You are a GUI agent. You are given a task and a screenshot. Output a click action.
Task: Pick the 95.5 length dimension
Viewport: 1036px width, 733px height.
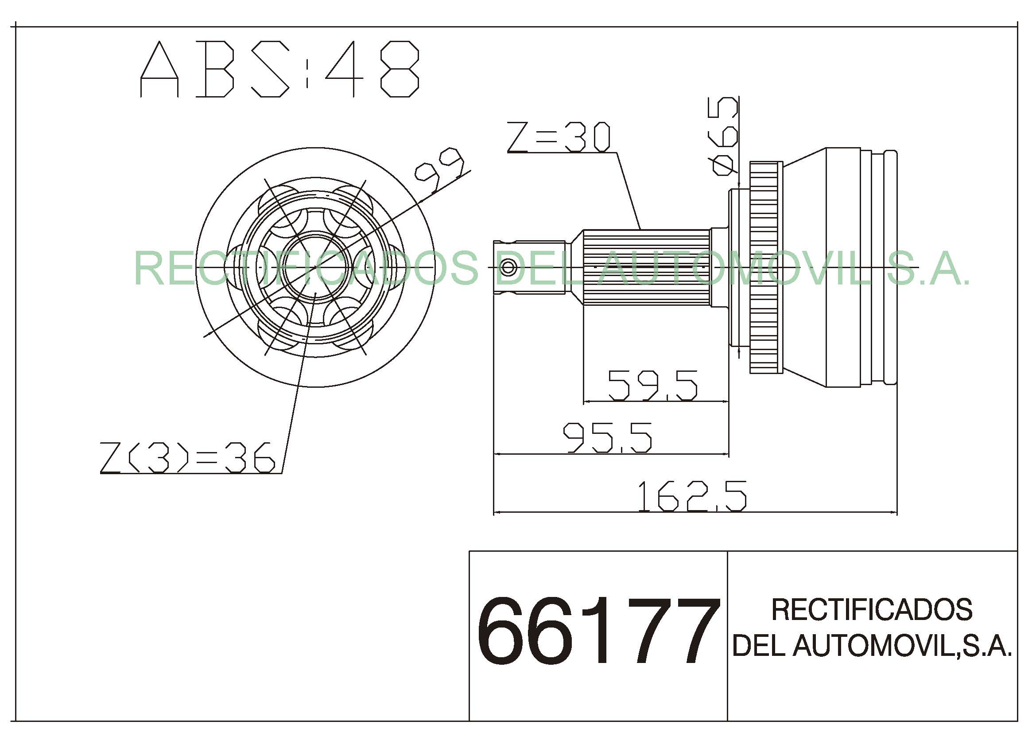[607, 437]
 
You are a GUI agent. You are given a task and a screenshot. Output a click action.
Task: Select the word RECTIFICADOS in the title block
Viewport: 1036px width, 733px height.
[872, 609]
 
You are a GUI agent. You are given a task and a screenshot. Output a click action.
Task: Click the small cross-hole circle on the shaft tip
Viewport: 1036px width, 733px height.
[508, 267]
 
